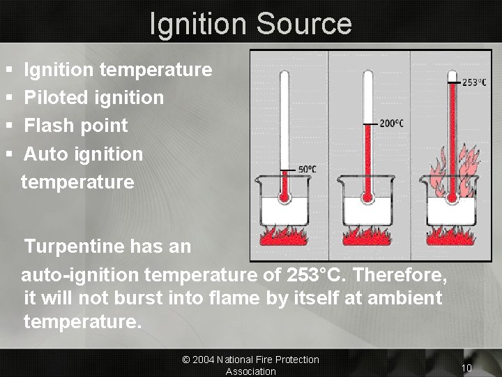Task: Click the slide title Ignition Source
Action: tap(250, 23)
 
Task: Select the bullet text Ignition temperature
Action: tap(118, 70)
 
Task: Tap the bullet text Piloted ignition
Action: tap(94, 98)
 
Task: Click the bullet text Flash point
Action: tap(76, 126)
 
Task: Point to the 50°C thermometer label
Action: tap(307, 169)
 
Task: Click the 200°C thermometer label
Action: tap(391, 124)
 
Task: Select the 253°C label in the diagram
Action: tap(475, 82)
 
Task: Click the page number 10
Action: tap(466, 367)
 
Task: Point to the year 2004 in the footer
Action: tap(203, 360)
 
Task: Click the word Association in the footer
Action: tap(250, 371)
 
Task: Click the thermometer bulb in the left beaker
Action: tap(284, 198)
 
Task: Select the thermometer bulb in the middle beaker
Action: tap(368, 198)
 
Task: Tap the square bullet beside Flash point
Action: tap(8, 126)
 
